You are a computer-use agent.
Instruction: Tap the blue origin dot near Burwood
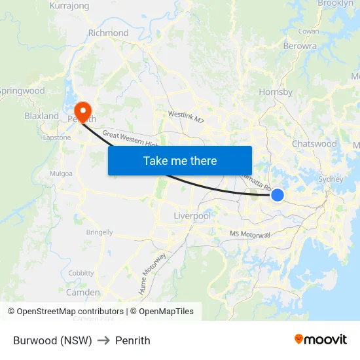(x=278, y=194)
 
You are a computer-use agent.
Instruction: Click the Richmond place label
(x=108, y=33)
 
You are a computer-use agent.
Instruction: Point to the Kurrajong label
(x=69, y=6)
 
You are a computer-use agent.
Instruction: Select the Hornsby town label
(x=276, y=92)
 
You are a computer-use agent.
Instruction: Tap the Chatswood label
(x=314, y=143)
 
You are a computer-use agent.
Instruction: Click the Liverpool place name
(x=192, y=215)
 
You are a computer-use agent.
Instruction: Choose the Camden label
(x=83, y=293)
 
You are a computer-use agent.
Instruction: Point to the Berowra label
(x=300, y=46)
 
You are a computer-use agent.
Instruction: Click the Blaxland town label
(x=41, y=116)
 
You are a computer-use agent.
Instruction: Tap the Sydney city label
(x=330, y=179)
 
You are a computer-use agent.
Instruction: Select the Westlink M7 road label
(x=187, y=117)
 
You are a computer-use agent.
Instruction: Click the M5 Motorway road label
(x=250, y=234)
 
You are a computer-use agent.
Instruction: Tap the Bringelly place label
(x=99, y=232)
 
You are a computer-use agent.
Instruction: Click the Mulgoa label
(x=61, y=175)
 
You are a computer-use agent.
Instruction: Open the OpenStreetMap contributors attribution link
(x=70, y=312)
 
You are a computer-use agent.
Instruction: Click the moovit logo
(x=321, y=339)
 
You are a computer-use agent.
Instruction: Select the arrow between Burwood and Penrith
(x=103, y=341)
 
